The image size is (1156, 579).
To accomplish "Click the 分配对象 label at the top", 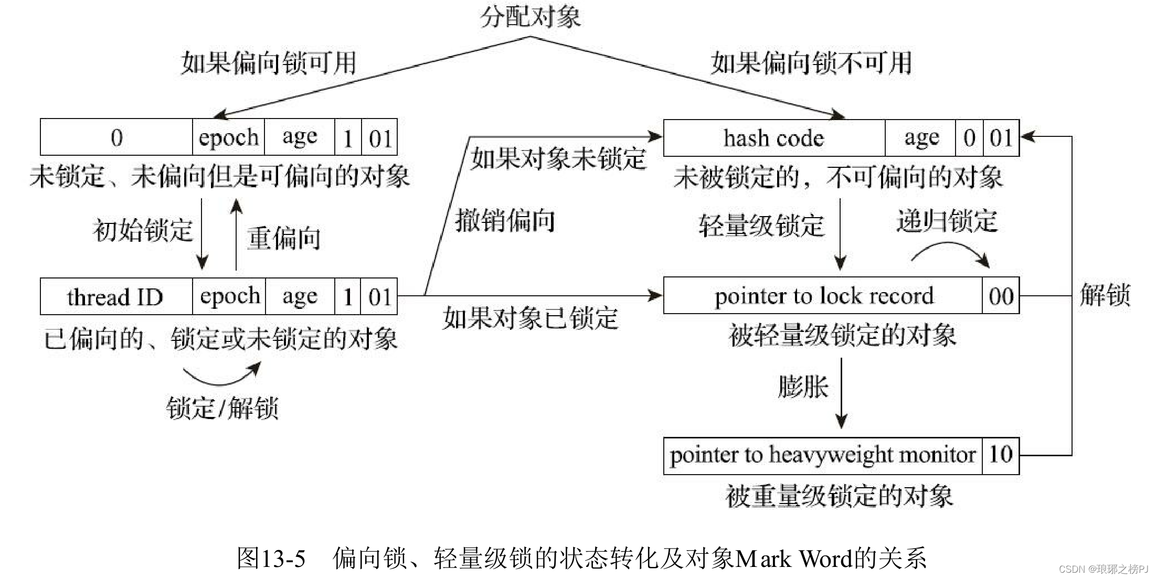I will pos(530,17).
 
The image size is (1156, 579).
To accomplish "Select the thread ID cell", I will pos(116,297).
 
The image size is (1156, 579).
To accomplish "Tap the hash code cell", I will pos(773,138).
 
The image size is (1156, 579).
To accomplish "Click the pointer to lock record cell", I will pos(823,296).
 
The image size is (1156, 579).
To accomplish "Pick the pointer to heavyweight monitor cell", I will pos(822,455).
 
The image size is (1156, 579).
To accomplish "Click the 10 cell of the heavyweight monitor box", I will pos(1000,455).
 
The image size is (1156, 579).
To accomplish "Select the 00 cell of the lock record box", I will pos(1001,296).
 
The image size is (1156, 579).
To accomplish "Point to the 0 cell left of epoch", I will pos(116,137).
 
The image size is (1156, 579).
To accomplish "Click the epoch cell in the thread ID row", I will pos(229,297).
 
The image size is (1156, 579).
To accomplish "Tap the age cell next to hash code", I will pos(920,138).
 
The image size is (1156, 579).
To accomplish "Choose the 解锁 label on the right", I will pos(1104,295).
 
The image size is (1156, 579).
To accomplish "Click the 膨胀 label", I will pos(802,387).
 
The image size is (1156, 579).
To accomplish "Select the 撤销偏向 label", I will pos(505,220).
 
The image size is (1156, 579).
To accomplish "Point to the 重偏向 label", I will pos(283,238).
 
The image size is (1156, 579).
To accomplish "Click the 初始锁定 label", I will pos(143,230).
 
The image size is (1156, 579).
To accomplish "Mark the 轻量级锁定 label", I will pos(761,226).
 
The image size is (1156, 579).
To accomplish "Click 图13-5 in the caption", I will pos(271,559).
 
